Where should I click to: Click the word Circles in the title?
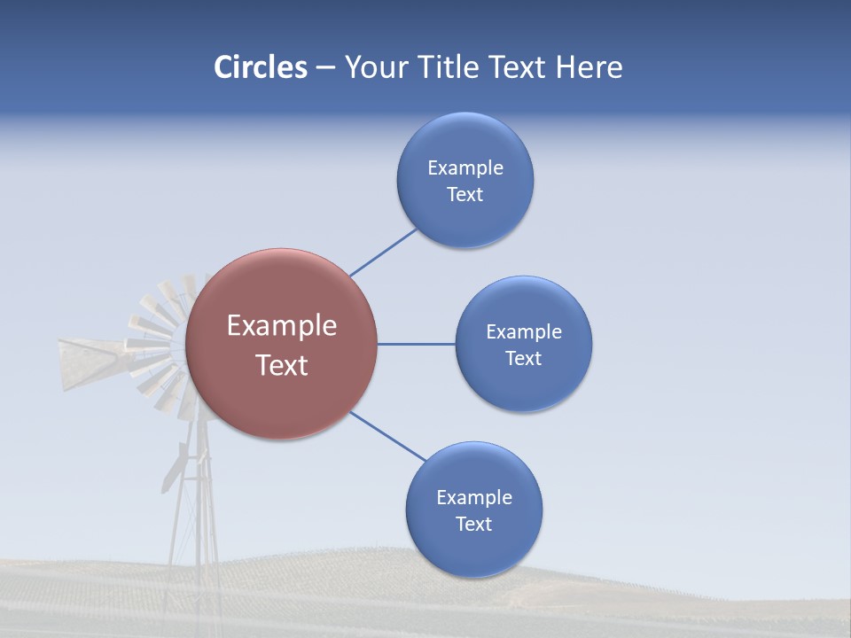pyautogui.click(x=260, y=67)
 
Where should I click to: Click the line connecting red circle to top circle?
pyautogui.click(x=383, y=253)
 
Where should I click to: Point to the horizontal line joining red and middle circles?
pyautogui.click(x=416, y=344)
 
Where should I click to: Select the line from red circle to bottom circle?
pyautogui.click(x=388, y=436)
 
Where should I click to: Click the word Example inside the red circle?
pyautogui.click(x=282, y=326)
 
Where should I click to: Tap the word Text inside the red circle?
pyautogui.click(x=282, y=365)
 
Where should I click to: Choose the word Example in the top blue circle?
pyautogui.click(x=465, y=167)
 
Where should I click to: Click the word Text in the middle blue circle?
pyautogui.click(x=524, y=359)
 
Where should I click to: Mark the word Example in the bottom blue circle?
pyautogui.click(x=474, y=497)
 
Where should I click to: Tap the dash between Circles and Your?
pyautogui.click(x=325, y=67)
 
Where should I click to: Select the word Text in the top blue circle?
pyautogui.click(x=465, y=195)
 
